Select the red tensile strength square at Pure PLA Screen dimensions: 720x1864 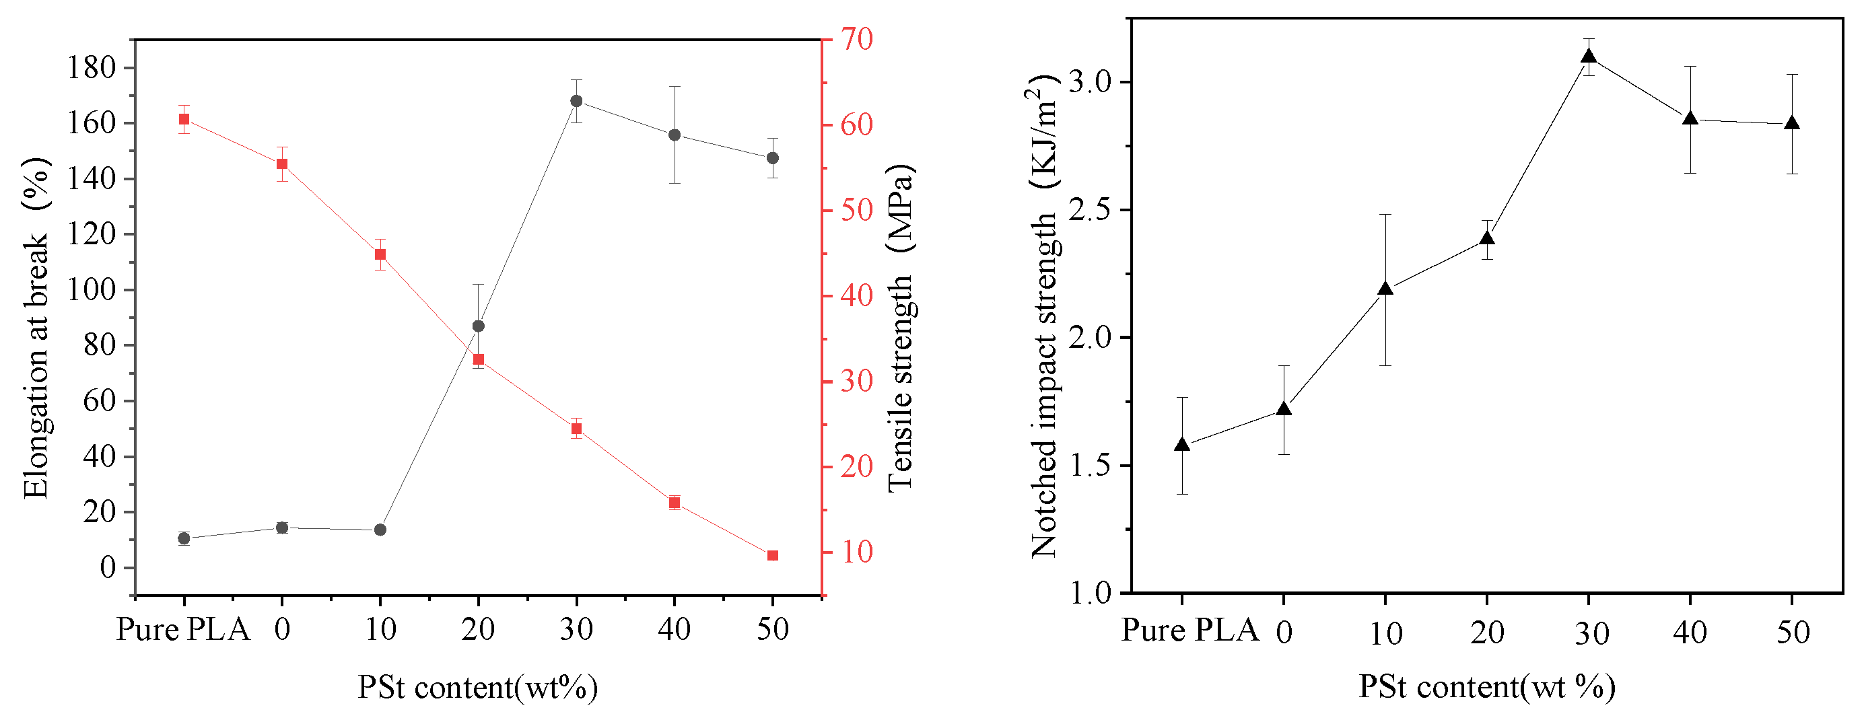(184, 119)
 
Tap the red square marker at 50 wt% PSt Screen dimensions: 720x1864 (772, 556)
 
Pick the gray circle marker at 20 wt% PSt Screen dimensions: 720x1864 (479, 326)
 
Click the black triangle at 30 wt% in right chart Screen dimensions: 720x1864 (1588, 57)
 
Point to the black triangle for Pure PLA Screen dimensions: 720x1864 (1181, 444)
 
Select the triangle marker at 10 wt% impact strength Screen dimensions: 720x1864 (1385, 289)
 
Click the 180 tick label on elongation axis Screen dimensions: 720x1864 (91, 68)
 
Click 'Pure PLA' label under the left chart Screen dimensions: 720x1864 (184, 630)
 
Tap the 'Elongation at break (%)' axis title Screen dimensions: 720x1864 (36, 329)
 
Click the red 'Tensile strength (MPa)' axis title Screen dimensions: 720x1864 (901, 329)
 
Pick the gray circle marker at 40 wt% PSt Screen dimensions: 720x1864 (675, 135)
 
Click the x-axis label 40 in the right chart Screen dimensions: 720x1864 (1690, 633)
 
